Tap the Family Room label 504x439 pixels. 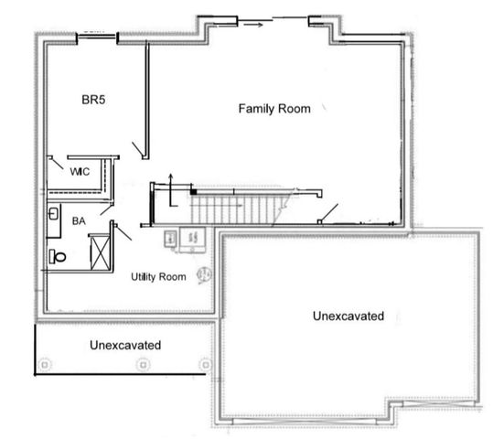[274, 109]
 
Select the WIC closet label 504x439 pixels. [78, 169]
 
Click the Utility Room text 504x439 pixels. [158, 276]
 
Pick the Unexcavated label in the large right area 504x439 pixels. [348, 316]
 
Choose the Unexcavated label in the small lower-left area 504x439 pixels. [125, 346]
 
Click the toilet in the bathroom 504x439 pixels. [58, 257]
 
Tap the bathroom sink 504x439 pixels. [53, 217]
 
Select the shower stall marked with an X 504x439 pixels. [98, 249]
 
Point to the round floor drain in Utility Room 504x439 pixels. [205, 273]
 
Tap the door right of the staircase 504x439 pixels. [327, 213]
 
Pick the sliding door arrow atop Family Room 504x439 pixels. [261, 25]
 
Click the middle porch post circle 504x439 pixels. [142, 364]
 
